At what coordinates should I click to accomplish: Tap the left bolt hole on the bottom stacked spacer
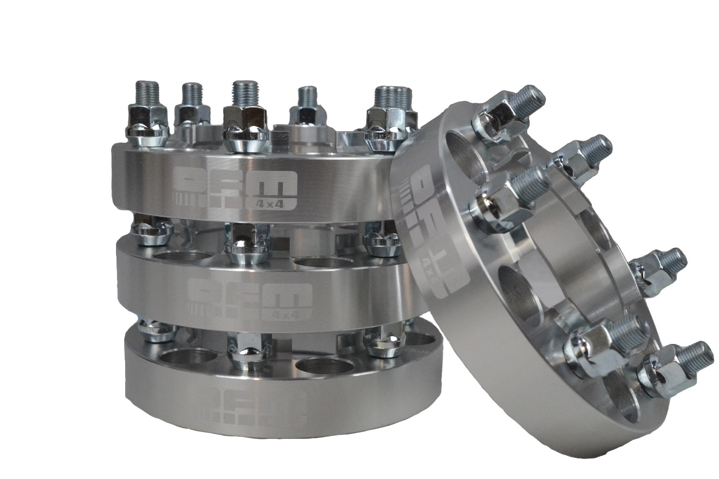(185, 357)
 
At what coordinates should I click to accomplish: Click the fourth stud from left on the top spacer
(307, 96)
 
